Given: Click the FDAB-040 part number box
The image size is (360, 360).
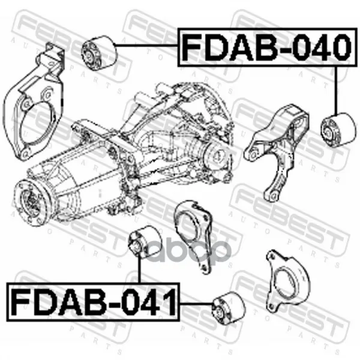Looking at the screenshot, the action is [268, 47].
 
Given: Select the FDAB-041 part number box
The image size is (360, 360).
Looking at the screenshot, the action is [93, 302].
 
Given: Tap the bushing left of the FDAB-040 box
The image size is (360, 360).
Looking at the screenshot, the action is [100, 53].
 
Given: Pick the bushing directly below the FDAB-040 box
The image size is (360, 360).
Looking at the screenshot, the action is [339, 129].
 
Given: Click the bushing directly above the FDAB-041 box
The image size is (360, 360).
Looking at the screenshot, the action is [145, 241].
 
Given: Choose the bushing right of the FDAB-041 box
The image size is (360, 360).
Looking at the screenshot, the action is [229, 308].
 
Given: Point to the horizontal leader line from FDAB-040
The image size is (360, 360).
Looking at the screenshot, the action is [147, 45].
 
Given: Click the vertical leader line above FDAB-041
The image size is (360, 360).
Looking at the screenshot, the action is [139, 270].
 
